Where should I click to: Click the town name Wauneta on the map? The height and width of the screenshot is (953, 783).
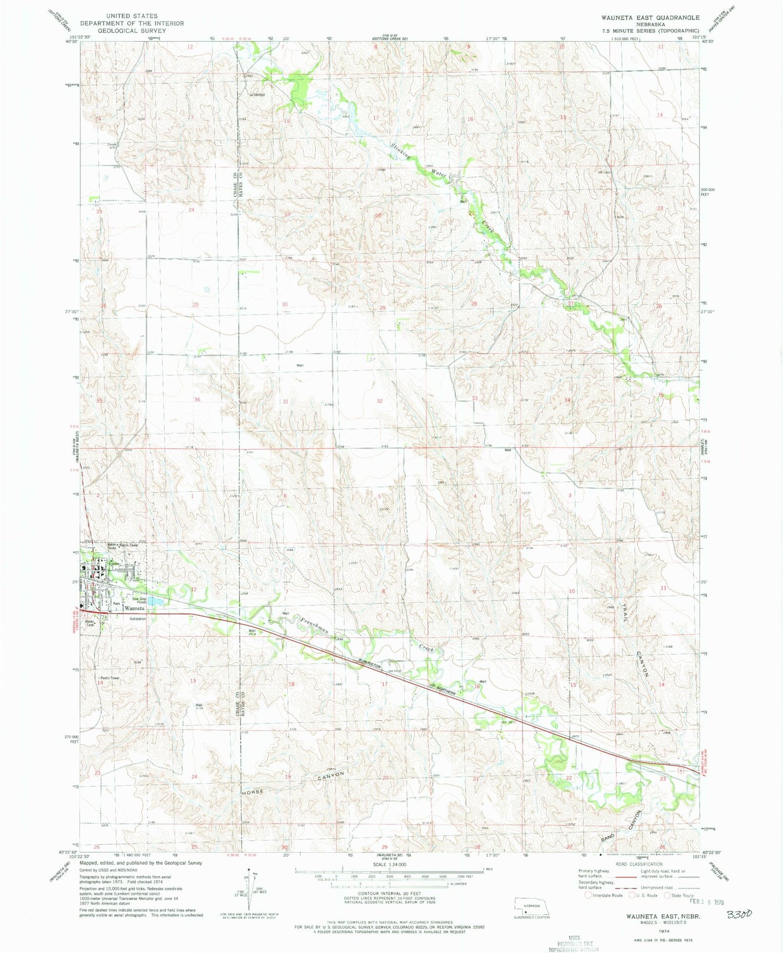pyautogui.click(x=135, y=609)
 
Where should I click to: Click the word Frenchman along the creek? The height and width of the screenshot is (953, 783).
pyautogui.click(x=314, y=625)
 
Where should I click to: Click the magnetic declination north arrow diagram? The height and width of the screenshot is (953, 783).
pyautogui.click(x=249, y=889)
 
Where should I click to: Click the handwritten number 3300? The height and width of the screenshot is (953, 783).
pyautogui.click(x=738, y=914)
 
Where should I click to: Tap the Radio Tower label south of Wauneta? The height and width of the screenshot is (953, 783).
pyautogui.click(x=110, y=678)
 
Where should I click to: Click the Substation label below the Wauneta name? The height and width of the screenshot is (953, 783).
pyautogui.click(x=138, y=619)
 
